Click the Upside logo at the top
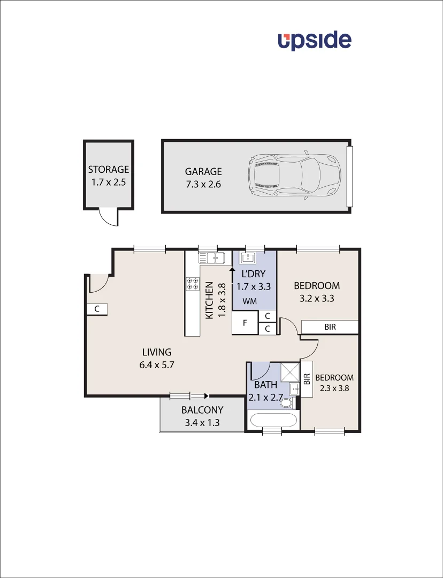coord(314,41)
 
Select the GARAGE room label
coord(203,172)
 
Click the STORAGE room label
coord(109,170)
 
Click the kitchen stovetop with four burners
coord(192,284)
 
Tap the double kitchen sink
coord(212,258)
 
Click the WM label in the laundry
coord(249,302)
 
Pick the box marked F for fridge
coord(245,323)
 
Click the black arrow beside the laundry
coord(232,274)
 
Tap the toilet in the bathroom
coord(287,403)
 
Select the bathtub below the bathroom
coord(273,421)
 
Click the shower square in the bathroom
coord(289,370)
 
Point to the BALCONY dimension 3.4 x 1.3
coord(202,422)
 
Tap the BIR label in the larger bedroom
coord(330,326)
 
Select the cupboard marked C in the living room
coord(97,309)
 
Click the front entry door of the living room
coord(100,283)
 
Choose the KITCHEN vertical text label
coord(209,301)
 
